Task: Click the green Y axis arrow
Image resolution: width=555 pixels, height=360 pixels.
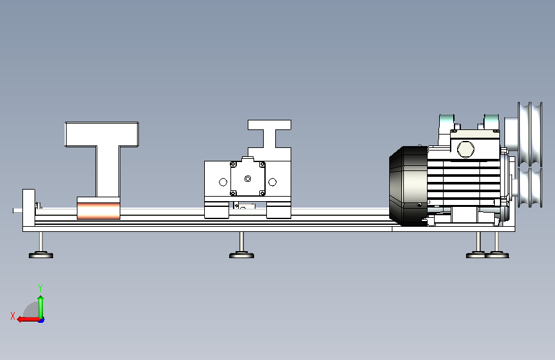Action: (41, 307)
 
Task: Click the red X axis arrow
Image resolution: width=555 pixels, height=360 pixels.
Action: (29, 320)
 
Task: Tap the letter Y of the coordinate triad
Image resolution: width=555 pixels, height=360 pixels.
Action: (40, 288)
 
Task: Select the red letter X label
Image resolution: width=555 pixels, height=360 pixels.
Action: (13, 316)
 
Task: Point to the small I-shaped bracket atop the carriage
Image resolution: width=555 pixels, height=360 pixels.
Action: (269, 134)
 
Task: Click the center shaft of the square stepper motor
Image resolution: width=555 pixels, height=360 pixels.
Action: (248, 179)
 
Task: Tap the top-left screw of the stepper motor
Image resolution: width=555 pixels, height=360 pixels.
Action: (233, 164)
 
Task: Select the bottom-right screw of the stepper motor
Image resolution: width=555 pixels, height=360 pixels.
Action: (262, 193)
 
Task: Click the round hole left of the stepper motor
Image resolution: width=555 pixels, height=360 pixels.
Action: (223, 182)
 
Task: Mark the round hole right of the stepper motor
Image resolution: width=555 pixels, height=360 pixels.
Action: (272, 182)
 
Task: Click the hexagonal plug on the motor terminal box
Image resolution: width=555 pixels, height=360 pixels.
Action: (466, 149)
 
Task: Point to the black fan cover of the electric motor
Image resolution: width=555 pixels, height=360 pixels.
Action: (408, 186)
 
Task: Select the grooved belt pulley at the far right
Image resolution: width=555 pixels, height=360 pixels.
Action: (530, 154)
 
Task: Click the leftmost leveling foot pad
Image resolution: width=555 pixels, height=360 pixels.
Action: (41, 255)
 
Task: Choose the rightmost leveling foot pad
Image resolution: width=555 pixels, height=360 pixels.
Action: (497, 255)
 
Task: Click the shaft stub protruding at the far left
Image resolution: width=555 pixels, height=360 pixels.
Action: (18, 211)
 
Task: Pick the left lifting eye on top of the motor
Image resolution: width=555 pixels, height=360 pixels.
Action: (446, 123)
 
